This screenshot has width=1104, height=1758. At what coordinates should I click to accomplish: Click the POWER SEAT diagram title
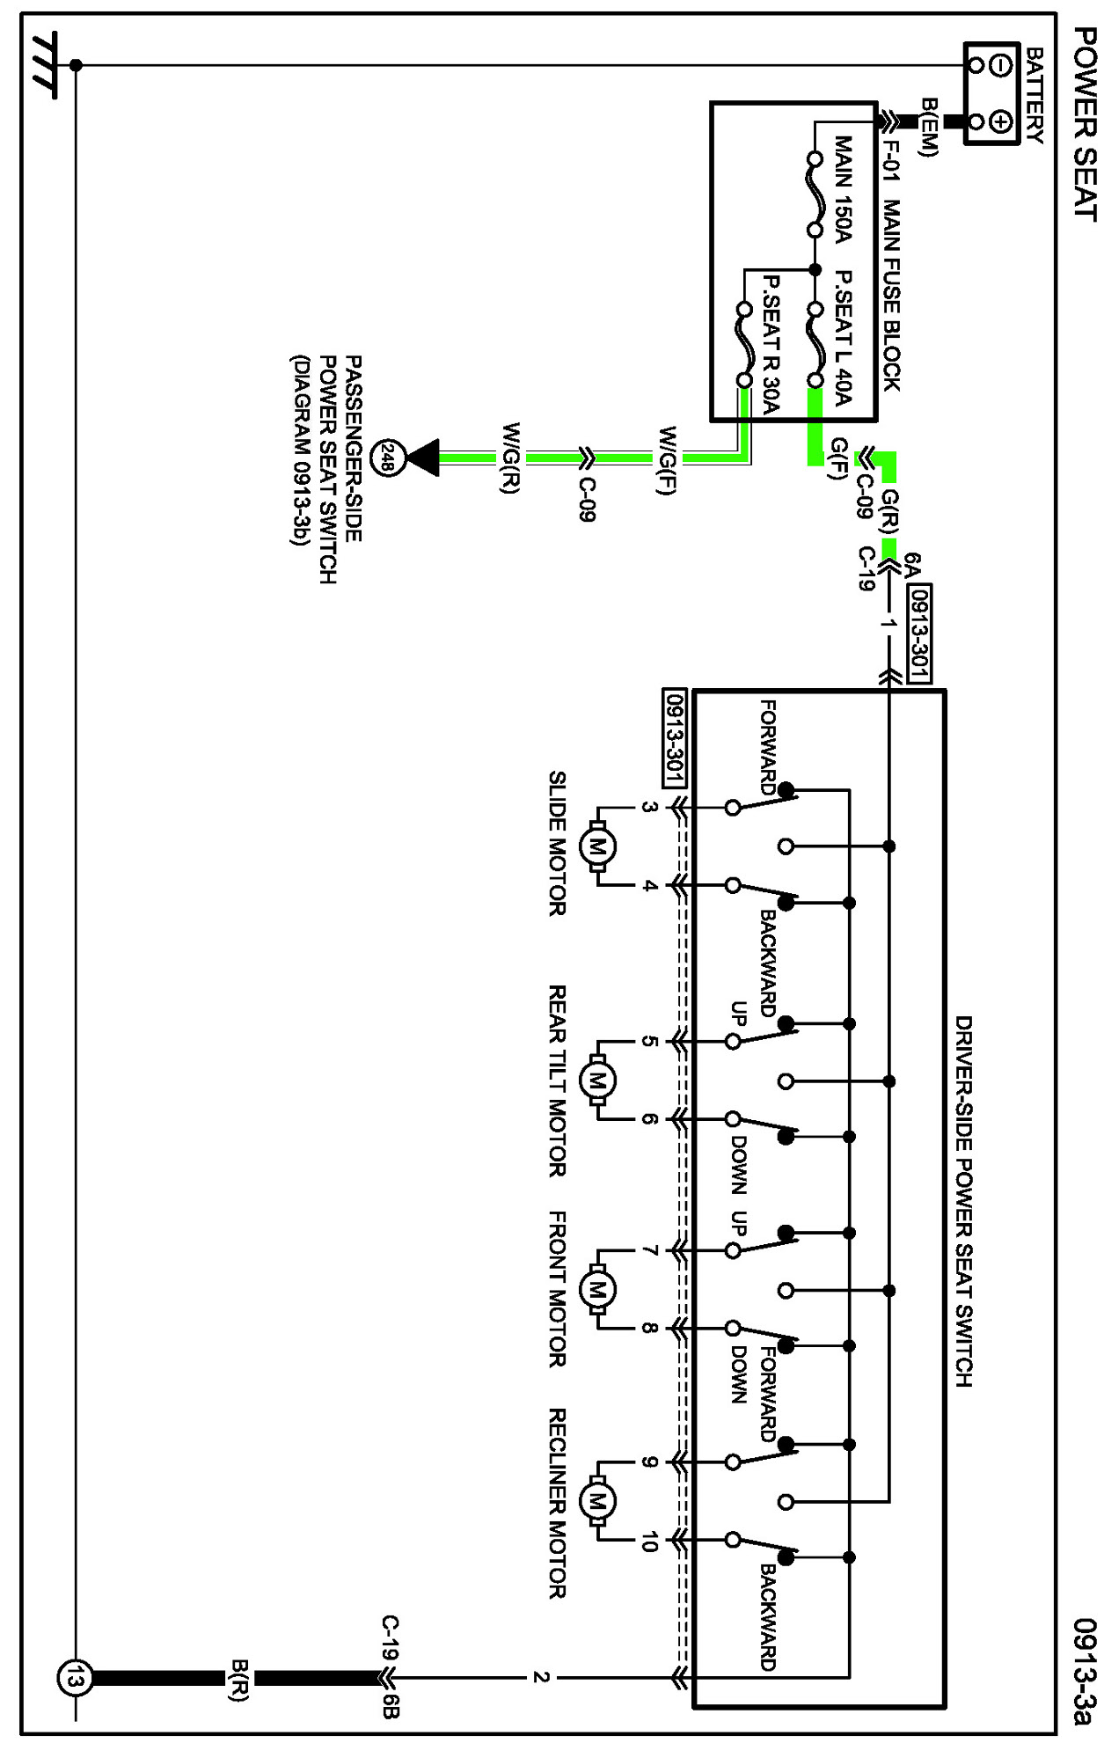point(1085,123)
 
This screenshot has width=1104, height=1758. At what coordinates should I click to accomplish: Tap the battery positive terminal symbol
point(1001,121)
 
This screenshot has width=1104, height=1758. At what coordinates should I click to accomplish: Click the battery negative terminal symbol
point(1001,64)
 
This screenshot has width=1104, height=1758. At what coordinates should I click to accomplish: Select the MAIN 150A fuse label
point(842,189)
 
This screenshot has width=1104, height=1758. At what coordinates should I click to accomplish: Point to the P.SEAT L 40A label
point(842,338)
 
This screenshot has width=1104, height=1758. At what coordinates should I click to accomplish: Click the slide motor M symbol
point(597,847)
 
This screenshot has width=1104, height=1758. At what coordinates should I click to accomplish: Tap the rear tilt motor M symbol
point(597,1080)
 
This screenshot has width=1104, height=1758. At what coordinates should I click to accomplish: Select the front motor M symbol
point(597,1290)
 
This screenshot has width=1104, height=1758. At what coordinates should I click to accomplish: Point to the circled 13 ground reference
point(74,1678)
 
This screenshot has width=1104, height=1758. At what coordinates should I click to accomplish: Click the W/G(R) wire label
point(512,458)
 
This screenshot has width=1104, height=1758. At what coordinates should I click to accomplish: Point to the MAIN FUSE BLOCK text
point(890,296)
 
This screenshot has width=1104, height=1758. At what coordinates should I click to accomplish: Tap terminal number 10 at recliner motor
point(649,1541)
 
